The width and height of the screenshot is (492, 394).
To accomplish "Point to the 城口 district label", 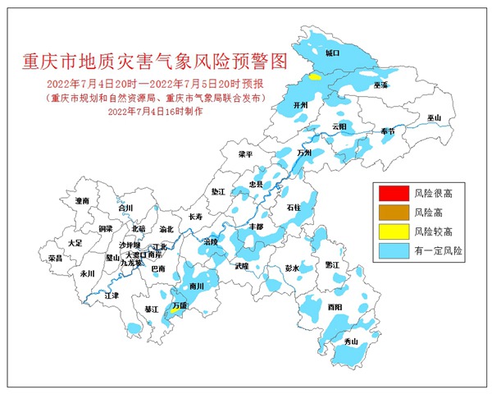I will pos(332,53).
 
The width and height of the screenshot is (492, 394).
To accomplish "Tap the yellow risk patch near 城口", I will pos(315,76).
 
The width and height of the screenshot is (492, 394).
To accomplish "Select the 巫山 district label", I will pos(434,118).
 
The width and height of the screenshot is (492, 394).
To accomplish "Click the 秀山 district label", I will pos(351,341).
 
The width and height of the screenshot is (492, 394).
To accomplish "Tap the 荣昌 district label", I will pos(55,258).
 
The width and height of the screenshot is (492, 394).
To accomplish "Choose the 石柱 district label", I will pos(294,210).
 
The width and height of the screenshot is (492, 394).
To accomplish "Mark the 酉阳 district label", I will pos(335,306).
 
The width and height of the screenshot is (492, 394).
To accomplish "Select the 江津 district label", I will pos(112,295).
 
